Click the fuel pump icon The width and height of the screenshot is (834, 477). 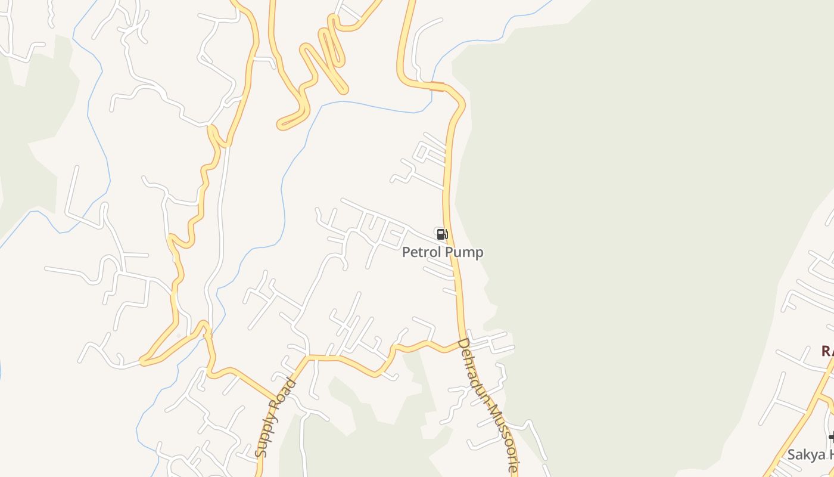click(x=441, y=234)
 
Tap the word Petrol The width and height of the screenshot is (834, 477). click(x=422, y=252)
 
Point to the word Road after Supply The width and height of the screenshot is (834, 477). click(x=286, y=394)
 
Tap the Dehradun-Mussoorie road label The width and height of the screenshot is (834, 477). click(x=488, y=405)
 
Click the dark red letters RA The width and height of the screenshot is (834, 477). click(x=827, y=351)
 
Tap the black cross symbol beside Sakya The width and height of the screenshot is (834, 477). click(x=832, y=437)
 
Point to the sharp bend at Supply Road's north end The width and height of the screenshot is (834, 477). click(x=307, y=358)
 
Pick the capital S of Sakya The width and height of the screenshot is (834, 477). click(x=792, y=455)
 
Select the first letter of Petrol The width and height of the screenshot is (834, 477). click(x=406, y=252)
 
